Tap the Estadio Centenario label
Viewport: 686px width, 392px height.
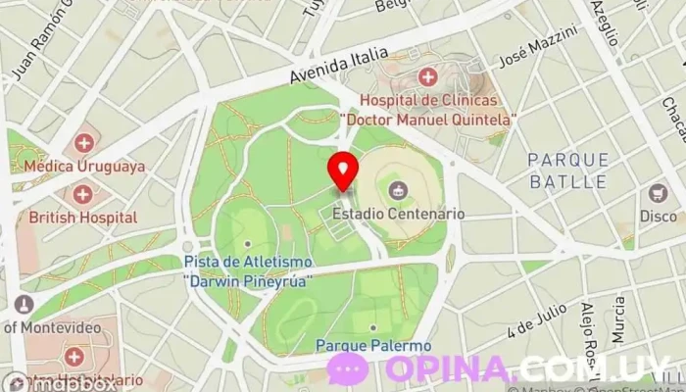point(398,212)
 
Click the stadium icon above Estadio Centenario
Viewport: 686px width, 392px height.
point(398,189)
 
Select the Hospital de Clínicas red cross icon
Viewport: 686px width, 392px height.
point(427,76)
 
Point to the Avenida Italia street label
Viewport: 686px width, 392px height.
point(339,65)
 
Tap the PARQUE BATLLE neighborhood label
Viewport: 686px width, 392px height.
point(568,171)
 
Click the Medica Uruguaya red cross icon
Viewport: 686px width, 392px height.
point(83,143)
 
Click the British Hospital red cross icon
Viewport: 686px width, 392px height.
point(83,194)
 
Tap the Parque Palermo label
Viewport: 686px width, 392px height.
point(373,345)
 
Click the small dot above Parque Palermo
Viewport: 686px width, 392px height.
point(373,327)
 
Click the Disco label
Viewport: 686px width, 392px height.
point(658,216)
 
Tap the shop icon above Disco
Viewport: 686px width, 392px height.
point(658,192)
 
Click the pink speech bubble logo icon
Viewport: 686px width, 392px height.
point(348,369)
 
